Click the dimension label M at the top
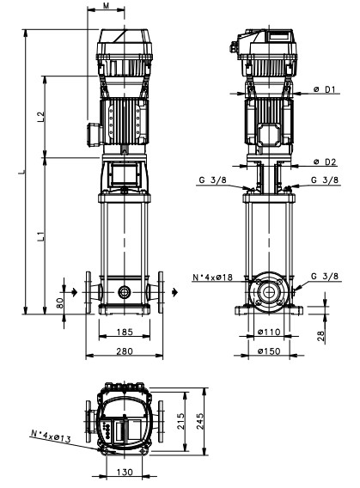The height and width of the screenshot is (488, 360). pos(107,6)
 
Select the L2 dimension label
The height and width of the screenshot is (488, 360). pos(41,117)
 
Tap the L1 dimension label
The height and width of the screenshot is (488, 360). pos(41,236)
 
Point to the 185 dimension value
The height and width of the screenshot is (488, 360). pos(125,332)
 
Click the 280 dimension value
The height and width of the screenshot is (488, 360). pos(125,351)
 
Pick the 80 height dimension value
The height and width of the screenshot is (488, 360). pos(60,302)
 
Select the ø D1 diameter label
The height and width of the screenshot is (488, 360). pos(325,89)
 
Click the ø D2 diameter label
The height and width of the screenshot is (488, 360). pos(325,162)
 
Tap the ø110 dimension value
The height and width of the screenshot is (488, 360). pos(269,332)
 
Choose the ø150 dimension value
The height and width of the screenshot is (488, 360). pos(269,351)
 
